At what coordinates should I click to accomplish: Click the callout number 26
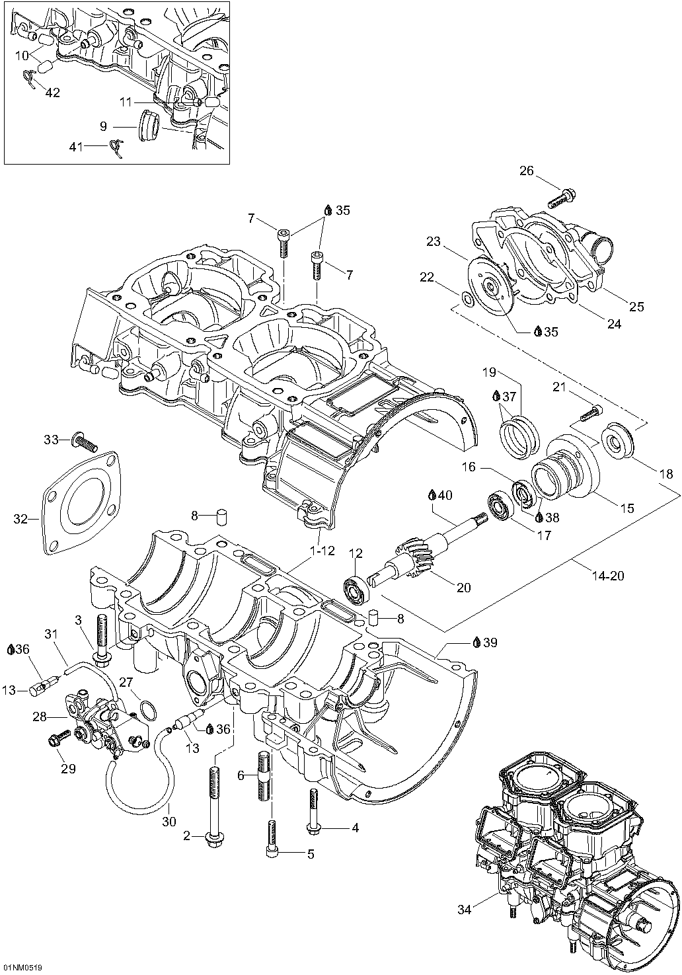[x=526, y=171]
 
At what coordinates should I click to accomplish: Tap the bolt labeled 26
[x=562, y=196]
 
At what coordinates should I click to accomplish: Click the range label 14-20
[x=608, y=576]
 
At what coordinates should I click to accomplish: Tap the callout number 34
[x=465, y=910]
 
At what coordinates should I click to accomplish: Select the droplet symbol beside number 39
[x=476, y=643]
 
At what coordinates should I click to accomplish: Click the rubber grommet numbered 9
[x=149, y=126]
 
